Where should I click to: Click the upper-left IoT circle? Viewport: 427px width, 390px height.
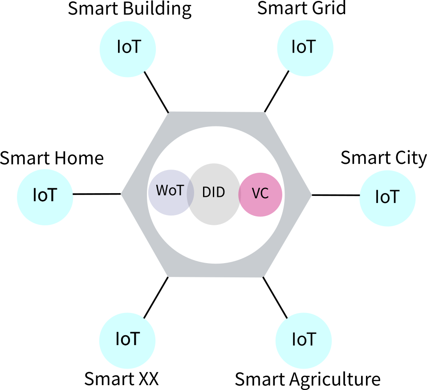point(128,49)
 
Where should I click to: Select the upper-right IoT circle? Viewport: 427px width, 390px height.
point(305,48)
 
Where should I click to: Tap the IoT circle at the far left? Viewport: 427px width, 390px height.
point(45,197)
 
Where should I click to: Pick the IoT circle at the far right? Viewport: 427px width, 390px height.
point(387,198)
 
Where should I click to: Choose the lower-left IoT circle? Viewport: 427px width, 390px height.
point(127,341)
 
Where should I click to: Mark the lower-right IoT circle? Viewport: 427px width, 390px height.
point(304,341)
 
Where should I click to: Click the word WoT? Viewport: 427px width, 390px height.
point(170,191)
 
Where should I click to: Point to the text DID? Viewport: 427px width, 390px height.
point(214,192)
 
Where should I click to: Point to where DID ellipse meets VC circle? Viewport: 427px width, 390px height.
point(240,194)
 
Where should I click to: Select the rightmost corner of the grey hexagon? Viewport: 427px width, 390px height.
point(310,194)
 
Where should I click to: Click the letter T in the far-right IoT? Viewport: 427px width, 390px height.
point(394,197)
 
